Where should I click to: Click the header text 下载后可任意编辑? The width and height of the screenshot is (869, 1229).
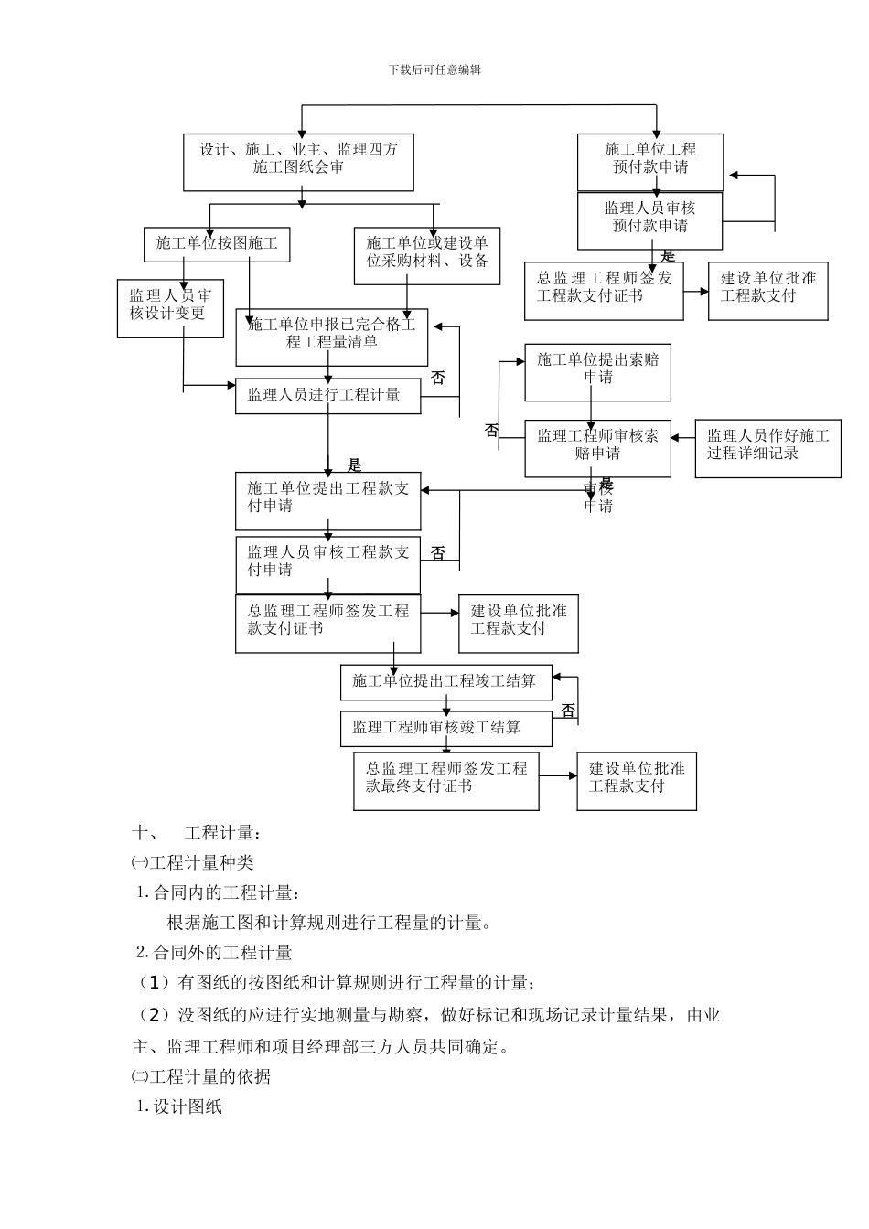pos(434,69)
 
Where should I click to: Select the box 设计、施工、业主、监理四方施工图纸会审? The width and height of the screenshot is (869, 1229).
pos(298,162)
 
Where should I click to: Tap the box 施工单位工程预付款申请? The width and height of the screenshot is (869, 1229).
pos(649,161)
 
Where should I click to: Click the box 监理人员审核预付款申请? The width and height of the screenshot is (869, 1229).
pos(649,219)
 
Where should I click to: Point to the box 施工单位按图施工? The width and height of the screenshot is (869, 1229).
pos(217,244)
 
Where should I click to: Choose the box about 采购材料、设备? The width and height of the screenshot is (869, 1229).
pos(427,255)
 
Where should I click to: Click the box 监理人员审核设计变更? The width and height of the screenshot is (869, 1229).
pos(170,308)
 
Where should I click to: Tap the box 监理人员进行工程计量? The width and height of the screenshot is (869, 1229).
pos(328,396)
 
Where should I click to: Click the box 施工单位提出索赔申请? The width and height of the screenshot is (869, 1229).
pos(597,372)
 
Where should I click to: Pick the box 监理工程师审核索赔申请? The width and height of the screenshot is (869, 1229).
pos(597,448)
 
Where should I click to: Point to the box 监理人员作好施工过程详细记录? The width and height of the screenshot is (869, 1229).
pos(767,448)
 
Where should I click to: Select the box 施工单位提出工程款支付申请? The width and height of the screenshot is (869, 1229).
pos(327,500)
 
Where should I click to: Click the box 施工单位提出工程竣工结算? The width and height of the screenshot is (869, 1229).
pos(445,682)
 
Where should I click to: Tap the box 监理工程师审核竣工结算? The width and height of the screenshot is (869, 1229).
pos(445,729)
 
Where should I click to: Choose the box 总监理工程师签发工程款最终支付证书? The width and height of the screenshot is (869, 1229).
pos(445,780)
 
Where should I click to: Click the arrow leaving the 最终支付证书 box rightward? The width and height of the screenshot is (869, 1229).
pos(557,775)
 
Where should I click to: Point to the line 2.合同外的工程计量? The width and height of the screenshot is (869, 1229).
pos(214,953)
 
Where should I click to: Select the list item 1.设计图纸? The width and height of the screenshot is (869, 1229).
pos(179,1106)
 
